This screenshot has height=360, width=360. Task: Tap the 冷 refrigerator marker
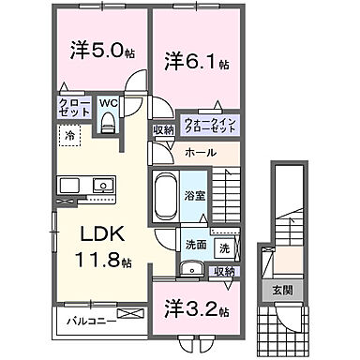click(69, 136)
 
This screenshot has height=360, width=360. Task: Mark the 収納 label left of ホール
click(163, 129)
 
